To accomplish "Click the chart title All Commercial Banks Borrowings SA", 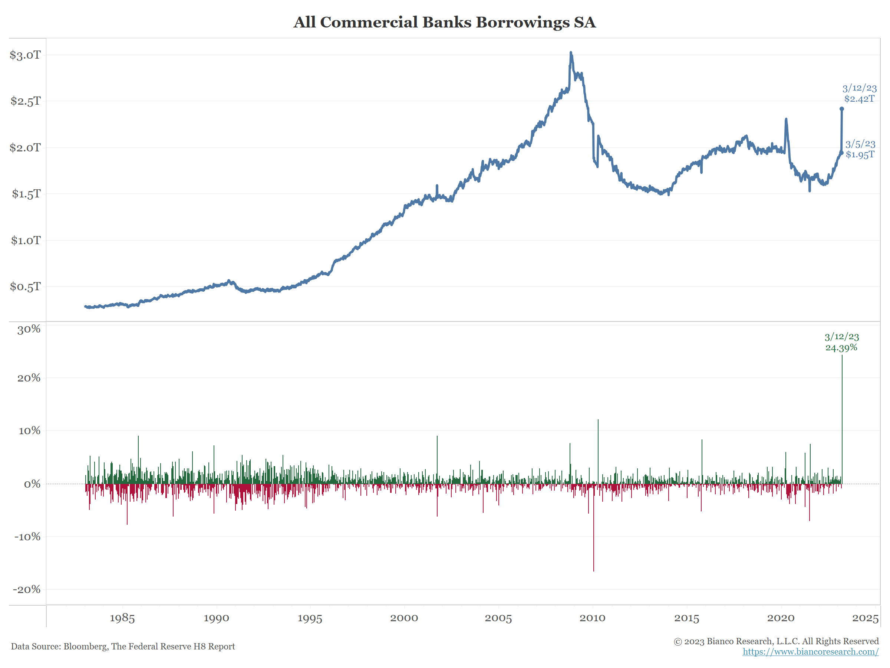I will pyautogui.click(x=444, y=22).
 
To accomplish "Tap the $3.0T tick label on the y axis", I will pyautogui.click(x=25, y=55).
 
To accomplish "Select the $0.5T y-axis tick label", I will pyautogui.click(x=25, y=286).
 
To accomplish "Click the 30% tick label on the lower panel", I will pyautogui.click(x=29, y=330).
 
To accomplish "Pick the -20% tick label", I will pyautogui.click(x=27, y=589).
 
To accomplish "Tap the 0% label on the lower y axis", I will pyautogui.click(x=32, y=484).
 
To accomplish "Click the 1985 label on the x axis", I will pyautogui.click(x=122, y=618).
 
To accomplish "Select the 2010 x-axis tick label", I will pyautogui.click(x=592, y=618).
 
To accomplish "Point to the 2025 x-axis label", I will pyautogui.click(x=865, y=618).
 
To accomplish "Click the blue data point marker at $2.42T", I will pyautogui.click(x=842, y=109).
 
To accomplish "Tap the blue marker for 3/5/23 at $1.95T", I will pyautogui.click(x=842, y=153).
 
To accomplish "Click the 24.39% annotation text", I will pyautogui.click(x=841, y=347).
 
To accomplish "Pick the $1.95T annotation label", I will pyautogui.click(x=860, y=155).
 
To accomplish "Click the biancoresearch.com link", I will pyautogui.click(x=810, y=652).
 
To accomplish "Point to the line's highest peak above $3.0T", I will pyautogui.click(x=571, y=53).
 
